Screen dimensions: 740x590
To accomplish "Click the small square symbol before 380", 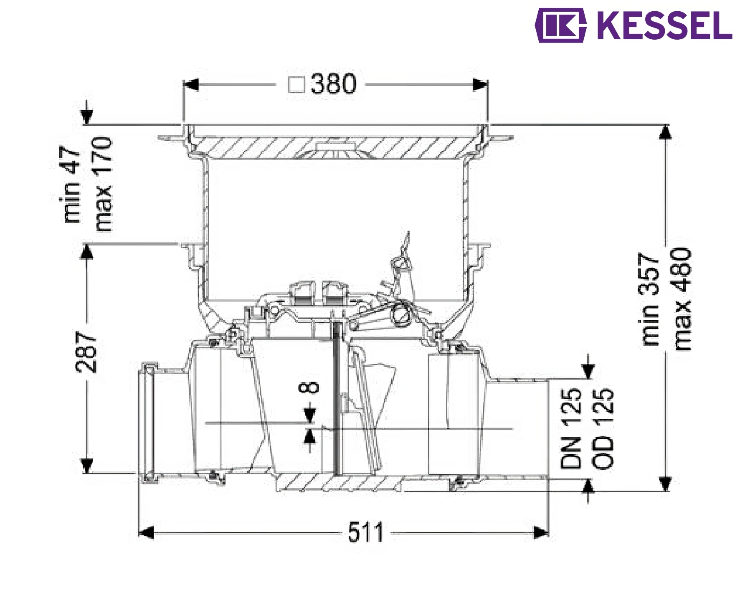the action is [x=297, y=85].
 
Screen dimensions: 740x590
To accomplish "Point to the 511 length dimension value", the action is [x=365, y=532].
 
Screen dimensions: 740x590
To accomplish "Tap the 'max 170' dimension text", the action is [x=103, y=184].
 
